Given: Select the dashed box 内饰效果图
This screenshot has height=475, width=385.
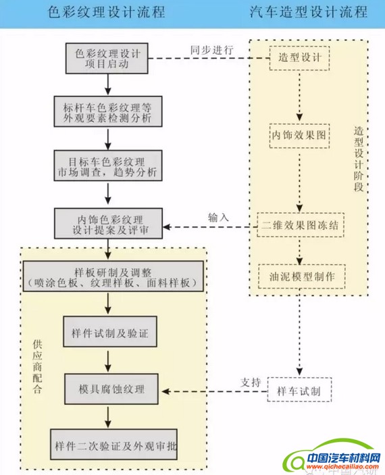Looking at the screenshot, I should [x=299, y=135].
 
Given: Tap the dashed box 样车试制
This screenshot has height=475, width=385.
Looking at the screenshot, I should [x=299, y=391].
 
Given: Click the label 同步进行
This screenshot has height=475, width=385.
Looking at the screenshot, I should [x=212, y=49].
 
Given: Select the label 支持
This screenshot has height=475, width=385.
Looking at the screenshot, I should [x=251, y=383].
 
